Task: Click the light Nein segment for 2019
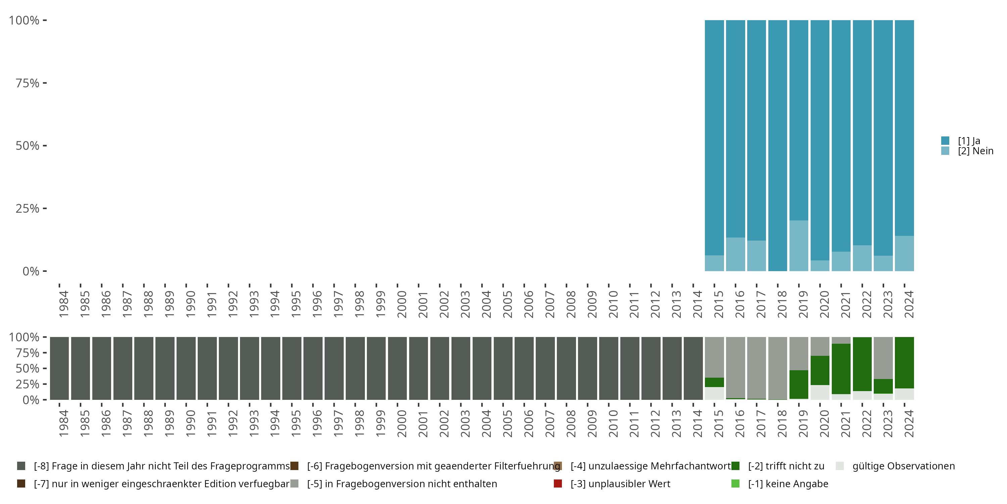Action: click(799, 246)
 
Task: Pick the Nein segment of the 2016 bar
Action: click(735, 254)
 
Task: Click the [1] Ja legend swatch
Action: click(945, 140)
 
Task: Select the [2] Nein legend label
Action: click(975, 151)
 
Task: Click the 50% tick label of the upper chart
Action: click(28, 146)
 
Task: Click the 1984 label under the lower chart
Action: click(64, 423)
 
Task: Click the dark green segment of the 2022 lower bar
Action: click(862, 364)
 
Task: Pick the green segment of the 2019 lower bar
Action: click(799, 384)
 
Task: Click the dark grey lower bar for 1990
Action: click(186, 368)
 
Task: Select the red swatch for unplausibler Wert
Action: click(558, 484)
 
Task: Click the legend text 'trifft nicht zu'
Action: click(786, 466)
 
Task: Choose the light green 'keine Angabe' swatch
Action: click(735, 484)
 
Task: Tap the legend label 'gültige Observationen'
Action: click(903, 466)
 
